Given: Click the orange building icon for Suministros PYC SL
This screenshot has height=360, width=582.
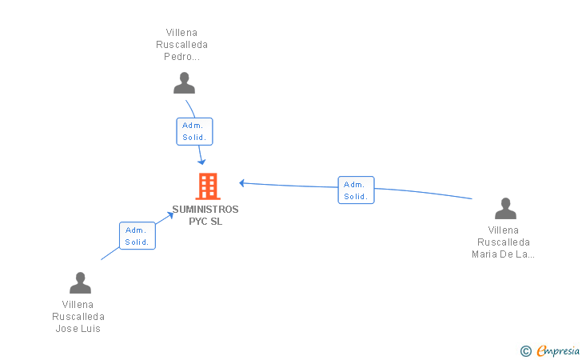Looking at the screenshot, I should (x=208, y=186).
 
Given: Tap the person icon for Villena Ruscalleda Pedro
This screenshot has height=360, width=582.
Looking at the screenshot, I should (x=185, y=83).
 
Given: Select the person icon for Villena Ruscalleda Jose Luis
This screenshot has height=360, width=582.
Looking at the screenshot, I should (x=80, y=283).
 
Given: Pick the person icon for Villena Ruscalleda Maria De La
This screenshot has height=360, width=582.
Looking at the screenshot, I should (x=505, y=209).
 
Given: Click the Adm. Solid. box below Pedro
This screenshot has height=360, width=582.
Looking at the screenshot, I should (x=194, y=131).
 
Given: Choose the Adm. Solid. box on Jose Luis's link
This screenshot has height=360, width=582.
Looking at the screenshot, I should (x=138, y=236).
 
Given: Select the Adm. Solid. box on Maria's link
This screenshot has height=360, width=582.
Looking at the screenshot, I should (x=356, y=190).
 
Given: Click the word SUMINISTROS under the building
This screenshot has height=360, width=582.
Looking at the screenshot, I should (x=205, y=210).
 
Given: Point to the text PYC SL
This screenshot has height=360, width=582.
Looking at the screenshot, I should (x=205, y=222).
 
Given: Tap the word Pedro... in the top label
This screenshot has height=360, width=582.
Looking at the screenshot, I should (x=181, y=57).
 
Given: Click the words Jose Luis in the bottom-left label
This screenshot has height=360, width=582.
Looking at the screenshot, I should (x=78, y=329).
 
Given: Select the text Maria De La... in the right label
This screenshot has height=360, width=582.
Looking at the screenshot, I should (x=504, y=254).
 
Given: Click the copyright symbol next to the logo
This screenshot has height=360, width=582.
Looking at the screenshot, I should (x=525, y=350).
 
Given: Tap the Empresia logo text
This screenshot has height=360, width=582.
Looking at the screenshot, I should (x=558, y=350).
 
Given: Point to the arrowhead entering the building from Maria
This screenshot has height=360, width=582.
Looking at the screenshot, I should (x=242, y=183).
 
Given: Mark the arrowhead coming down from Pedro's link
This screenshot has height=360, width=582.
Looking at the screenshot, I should (x=202, y=162).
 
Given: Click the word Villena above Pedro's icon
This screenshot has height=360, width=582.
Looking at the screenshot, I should (x=181, y=33).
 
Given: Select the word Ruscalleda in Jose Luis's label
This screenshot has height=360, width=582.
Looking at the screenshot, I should (x=78, y=317).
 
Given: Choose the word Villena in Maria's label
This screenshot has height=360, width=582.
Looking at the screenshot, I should (x=504, y=230).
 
